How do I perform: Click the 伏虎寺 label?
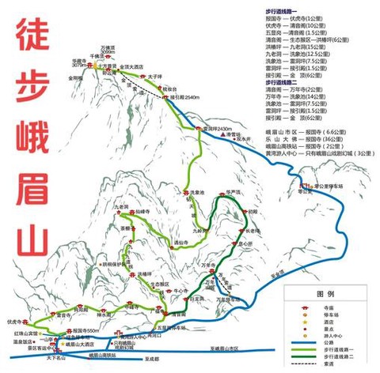click(13, 322)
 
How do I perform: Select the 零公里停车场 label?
click(327, 187)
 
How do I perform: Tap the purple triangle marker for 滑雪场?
click(223, 135)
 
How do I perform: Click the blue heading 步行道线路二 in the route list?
click(285, 81)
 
